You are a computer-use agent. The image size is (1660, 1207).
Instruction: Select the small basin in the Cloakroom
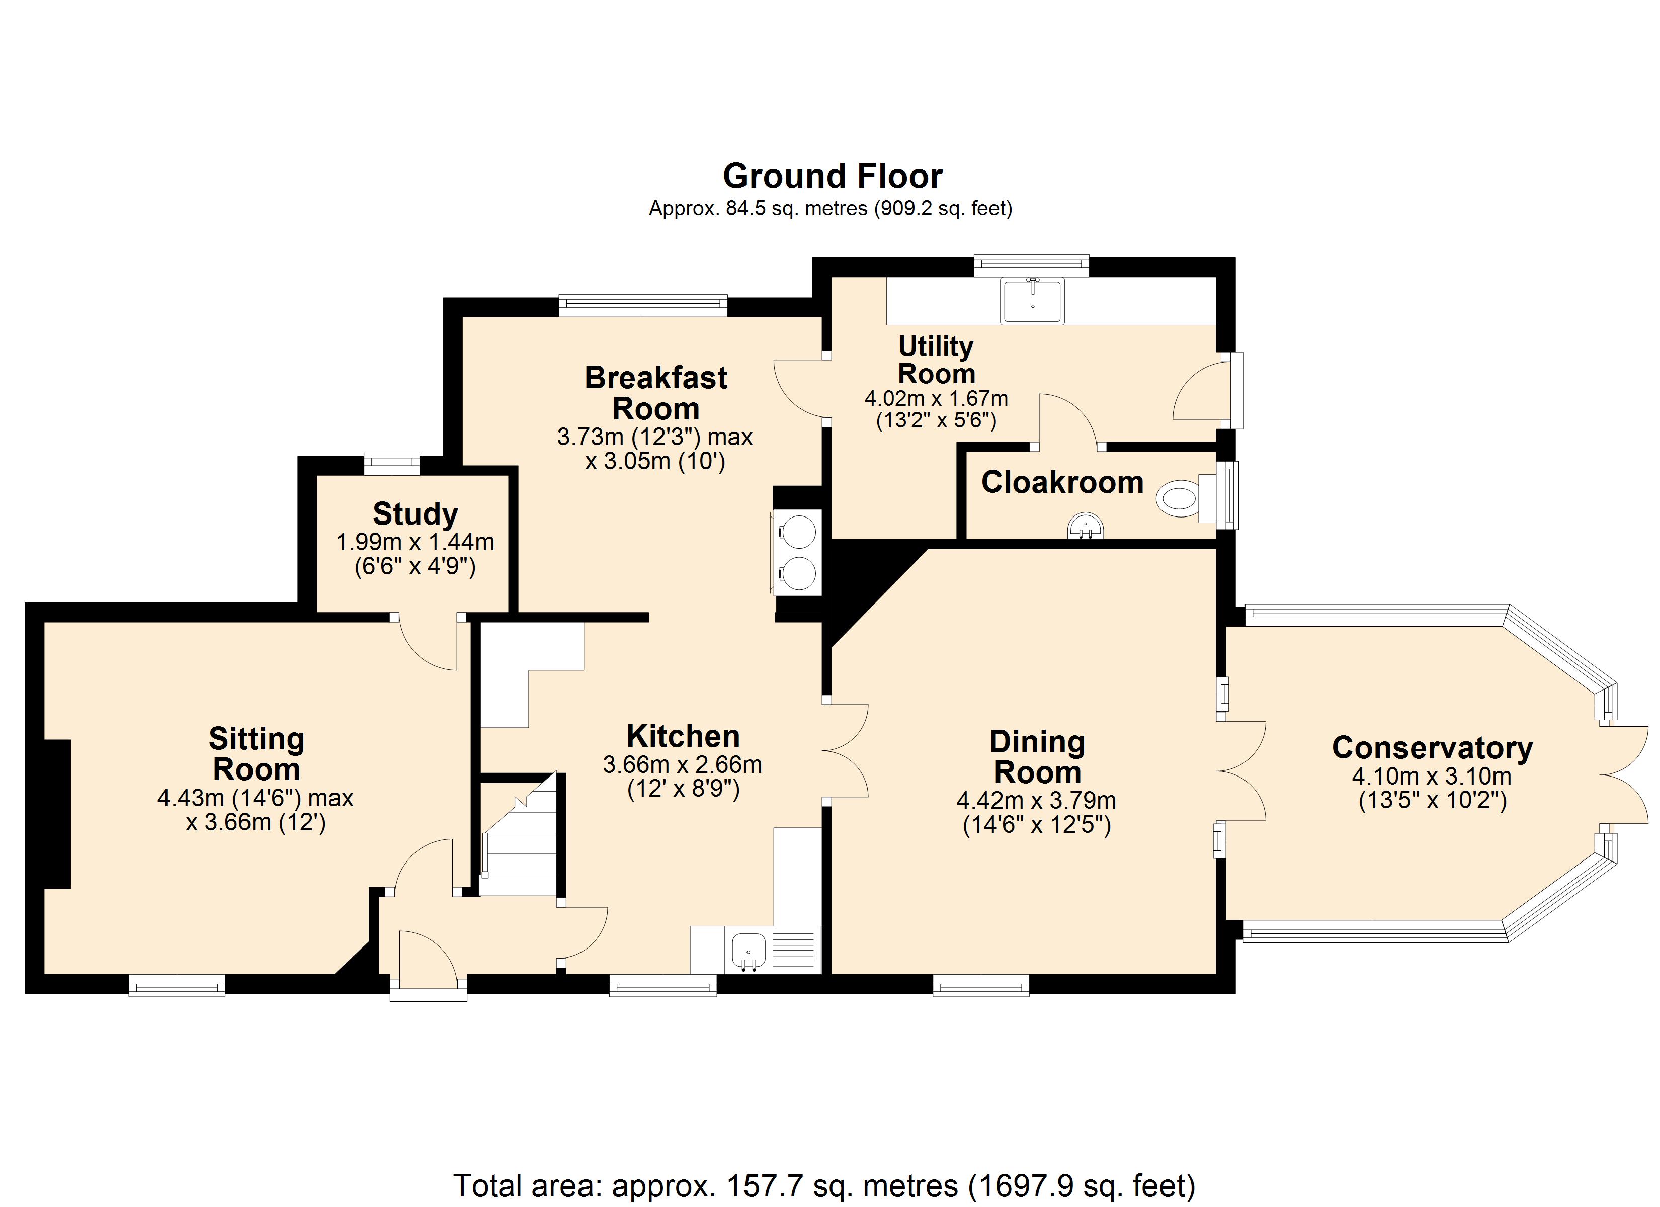click(1086, 526)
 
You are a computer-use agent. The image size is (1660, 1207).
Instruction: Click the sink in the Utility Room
click(1033, 300)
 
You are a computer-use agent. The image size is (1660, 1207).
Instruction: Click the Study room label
click(415, 514)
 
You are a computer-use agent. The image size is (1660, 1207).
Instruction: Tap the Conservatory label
click(1432, 747)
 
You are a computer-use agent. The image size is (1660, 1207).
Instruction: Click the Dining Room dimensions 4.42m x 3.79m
click(1036, 801)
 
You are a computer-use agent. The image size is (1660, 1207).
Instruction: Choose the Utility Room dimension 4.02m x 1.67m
click(936, 398)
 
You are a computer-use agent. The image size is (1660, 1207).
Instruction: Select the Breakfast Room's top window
click(643, 305)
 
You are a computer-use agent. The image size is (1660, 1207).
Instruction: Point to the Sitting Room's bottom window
click(177, 986)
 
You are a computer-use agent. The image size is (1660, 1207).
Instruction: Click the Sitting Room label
click(256, 754)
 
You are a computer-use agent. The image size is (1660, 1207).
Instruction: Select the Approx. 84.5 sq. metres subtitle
click(831, 209)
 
